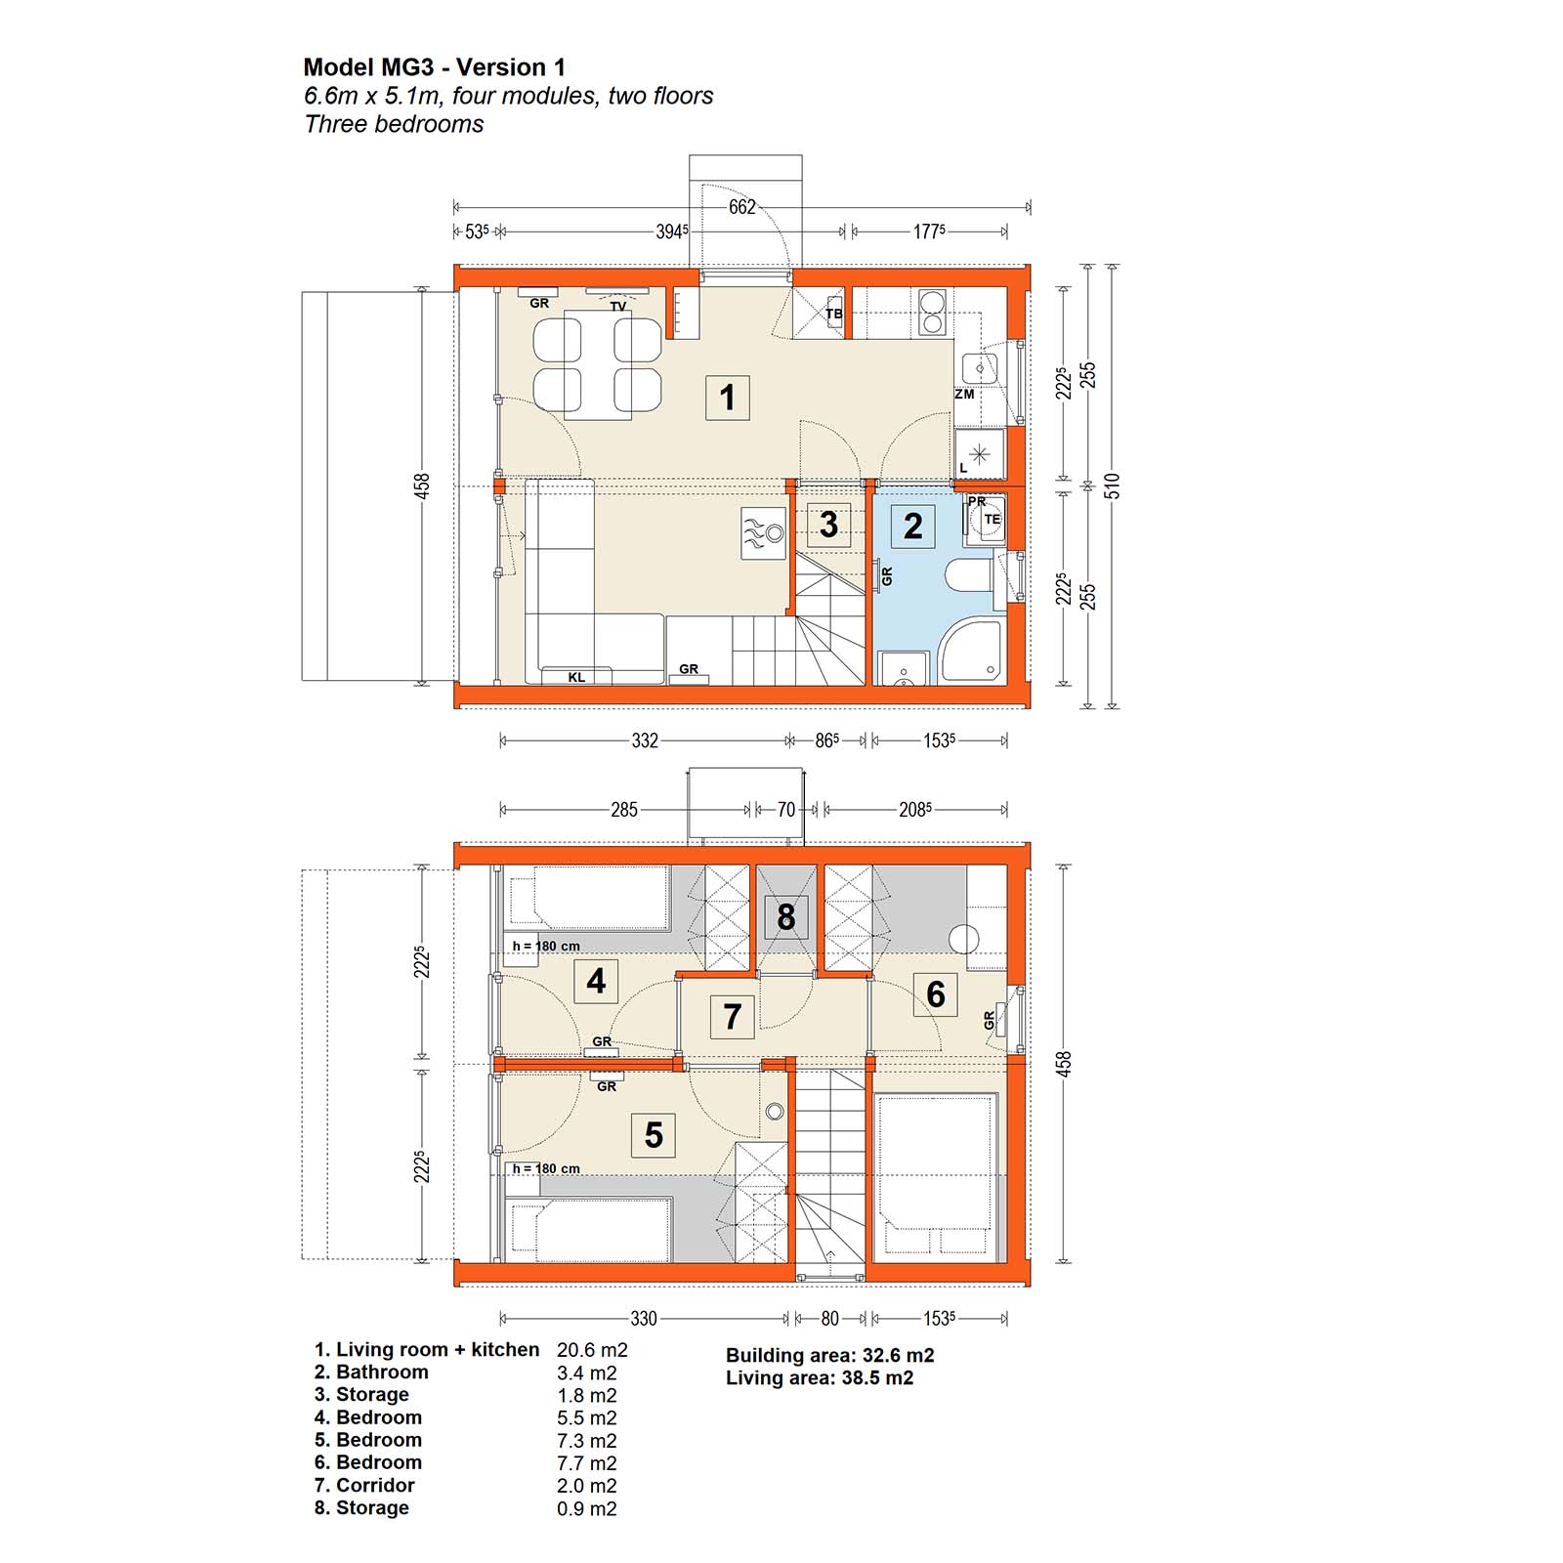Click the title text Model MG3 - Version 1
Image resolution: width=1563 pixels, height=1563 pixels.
click(x=434, y=67)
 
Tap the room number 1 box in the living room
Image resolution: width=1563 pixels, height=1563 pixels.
click(x=727, y=398)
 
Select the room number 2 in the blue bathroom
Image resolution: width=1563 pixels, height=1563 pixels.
click(x=913, y=527)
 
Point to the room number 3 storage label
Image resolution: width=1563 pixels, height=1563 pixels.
click(x=829, y=525)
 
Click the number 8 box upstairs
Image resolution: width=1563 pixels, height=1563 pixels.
click(x=786, y=917)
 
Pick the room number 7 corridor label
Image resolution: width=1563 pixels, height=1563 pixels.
click(x=733, y=1016)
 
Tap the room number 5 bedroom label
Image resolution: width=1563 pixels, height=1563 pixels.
click(x=654, y=1135)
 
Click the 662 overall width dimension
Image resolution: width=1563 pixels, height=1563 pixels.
click(x=741, y=207)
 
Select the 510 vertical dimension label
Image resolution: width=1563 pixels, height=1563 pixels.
click(x=1112, y=486)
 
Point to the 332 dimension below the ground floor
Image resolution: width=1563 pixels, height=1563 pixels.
click(x=645, y=740)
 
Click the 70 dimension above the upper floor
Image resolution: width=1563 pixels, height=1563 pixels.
click(x=786, y=810)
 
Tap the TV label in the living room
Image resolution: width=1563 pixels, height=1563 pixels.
click(x=618, y=306)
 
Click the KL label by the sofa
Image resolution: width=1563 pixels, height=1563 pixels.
click(x=576, y=677)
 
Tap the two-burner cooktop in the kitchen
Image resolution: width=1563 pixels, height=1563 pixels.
click(x=932, y=312)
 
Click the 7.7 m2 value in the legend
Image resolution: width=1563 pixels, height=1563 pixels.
click(x=587, y=1463)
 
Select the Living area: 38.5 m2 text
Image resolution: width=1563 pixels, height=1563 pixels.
click(x=820, y=1378)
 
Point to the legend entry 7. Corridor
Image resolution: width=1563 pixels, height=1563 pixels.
click(x=364, y=1485)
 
